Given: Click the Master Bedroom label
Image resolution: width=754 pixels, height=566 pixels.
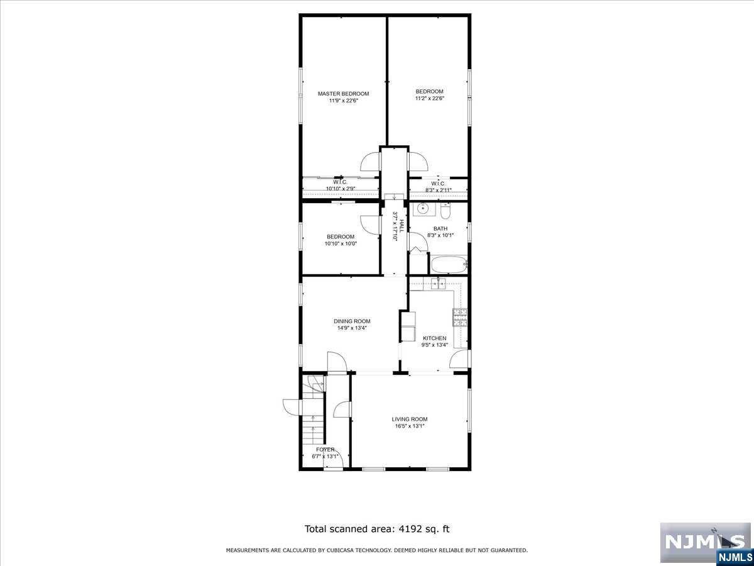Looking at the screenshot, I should pyautogui.click(x=343, y=94).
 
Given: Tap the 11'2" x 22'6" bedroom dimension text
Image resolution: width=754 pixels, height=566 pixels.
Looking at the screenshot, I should pyautogui.click(x=429, y=98).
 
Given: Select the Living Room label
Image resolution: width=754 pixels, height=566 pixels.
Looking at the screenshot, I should pyautogui.click(x=410, y=419).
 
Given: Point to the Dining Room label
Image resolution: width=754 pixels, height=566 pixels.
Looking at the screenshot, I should pyautogui.click(x=352, y=321).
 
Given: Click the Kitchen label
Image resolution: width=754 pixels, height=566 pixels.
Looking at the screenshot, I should pyautogui.click(x=434, y=338).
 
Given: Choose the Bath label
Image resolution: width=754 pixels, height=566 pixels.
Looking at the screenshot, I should pyautogui.click(x=440, y=228).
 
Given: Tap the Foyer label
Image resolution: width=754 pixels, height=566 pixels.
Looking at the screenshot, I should pyautogui.click(x=325, y=450).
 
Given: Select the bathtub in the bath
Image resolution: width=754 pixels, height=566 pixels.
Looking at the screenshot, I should pyautogui.click(x=447, y=264).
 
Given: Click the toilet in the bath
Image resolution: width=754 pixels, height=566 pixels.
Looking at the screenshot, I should pyautogui.click(x=445, y=209).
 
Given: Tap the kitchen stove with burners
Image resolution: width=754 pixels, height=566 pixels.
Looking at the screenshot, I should pyautogui.click(x=460, y=317).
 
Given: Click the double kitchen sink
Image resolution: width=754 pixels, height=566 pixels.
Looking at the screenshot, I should pyautogui.click(x=438, y=284).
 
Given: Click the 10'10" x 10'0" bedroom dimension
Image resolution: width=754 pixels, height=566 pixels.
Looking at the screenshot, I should pyautogui.click(x=340, y=243).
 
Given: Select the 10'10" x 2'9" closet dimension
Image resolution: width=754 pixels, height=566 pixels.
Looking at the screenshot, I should pyautogui.click(x=340, y=189).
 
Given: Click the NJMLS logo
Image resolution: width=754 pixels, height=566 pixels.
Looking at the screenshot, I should pyautogui.click(x=704, y=543).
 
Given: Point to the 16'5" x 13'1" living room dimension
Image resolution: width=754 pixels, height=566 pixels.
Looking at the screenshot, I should pyautogui.click(x=410, y=426).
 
